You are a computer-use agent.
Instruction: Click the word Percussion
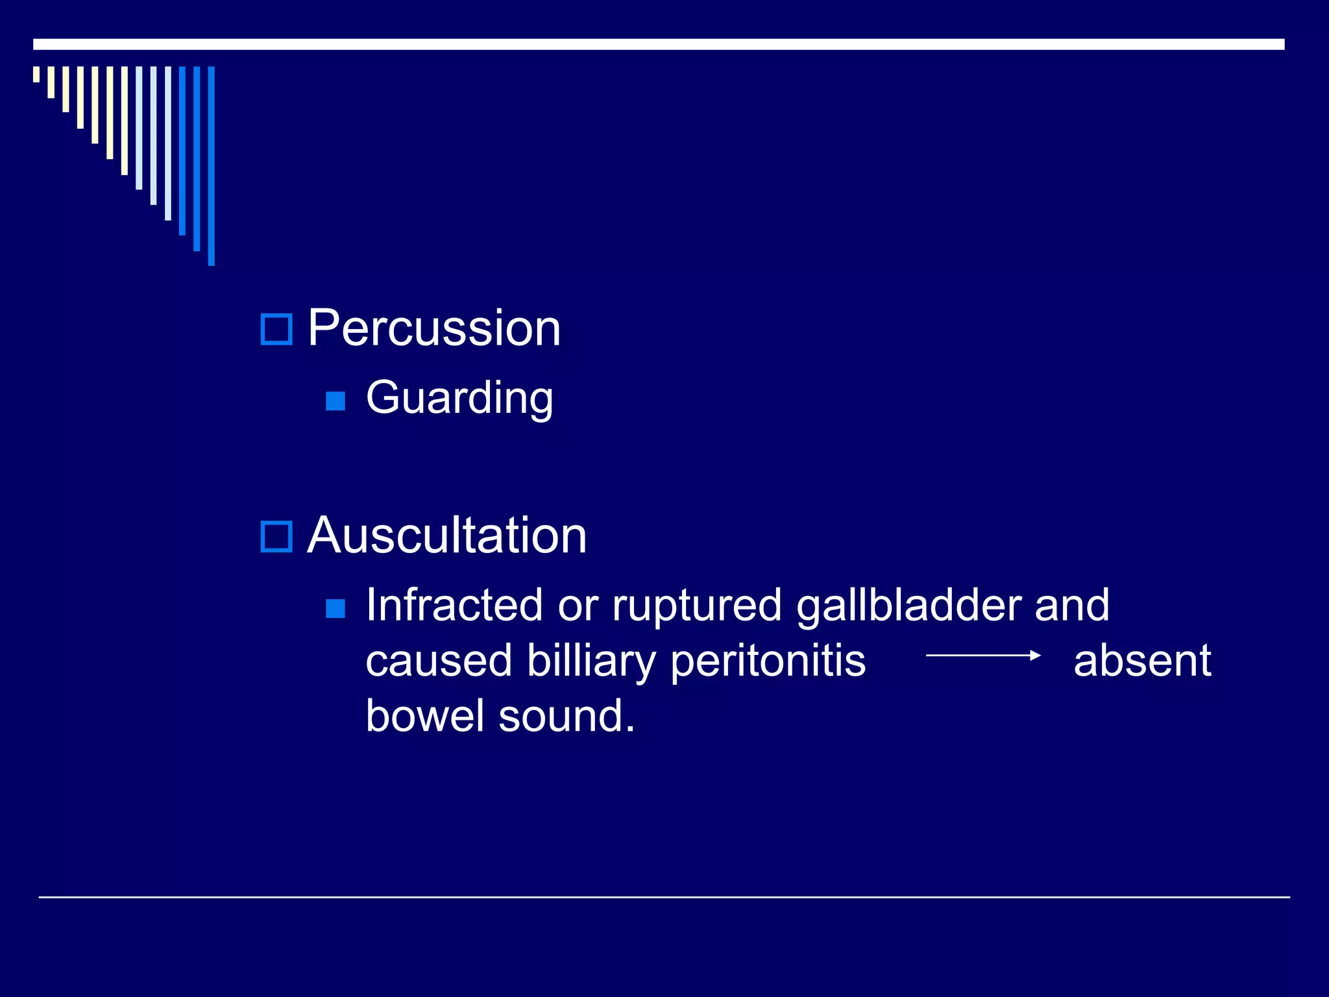tap(433, 328)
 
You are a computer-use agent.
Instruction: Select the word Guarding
tap(459, 397)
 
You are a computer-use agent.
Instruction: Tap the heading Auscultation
tap(446, 535)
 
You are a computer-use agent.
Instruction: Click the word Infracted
tap(454, 605)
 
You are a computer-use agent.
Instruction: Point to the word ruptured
tap(697, 605)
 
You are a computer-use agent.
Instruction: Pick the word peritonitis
tap(767, 661)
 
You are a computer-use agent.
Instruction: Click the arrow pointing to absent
tap(982, 656)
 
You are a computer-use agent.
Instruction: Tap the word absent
tap(1142, 661)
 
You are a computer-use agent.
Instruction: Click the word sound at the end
tap(566, 716)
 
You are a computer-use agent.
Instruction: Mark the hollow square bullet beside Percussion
tap(276, 329)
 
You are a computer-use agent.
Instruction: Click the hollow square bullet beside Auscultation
tap(276, 537)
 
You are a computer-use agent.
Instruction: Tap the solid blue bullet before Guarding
tap(335, 400)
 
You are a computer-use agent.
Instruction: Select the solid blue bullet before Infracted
tap(335, 608)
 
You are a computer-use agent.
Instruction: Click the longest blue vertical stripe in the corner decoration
tap(211, 166)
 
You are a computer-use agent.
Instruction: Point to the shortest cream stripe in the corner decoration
tap(36, 74)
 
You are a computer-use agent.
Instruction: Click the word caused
tap(439, 661)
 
